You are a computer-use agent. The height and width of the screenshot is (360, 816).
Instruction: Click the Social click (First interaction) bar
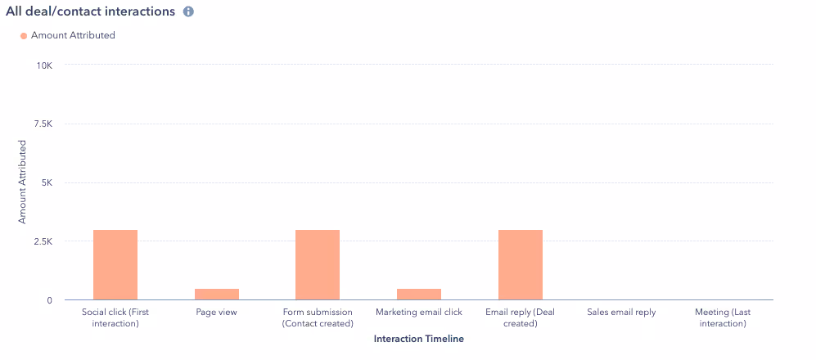click(x=115, y=265)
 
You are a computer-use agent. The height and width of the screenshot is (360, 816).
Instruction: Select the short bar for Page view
click(x=217, y=295)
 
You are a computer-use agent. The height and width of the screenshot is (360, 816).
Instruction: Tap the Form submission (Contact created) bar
click(x=318, y=265)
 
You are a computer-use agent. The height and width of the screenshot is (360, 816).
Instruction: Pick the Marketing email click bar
click(x=419, y=295)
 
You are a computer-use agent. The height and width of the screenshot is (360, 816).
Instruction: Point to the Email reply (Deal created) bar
click(x=521, y=265)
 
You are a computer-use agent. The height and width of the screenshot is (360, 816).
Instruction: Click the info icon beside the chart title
click(x=188, y=12)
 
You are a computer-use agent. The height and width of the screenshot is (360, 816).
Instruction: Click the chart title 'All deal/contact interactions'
click(x=90, y=12)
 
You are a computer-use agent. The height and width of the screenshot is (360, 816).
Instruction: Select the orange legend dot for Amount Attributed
click(x=24, y=36)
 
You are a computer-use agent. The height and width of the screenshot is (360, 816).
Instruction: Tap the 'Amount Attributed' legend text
click(x=73, y=36)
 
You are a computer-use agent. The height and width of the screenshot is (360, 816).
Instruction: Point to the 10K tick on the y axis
click(x=43, y=65)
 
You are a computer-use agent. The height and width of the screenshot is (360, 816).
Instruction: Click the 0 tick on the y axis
click(x=49, y=300)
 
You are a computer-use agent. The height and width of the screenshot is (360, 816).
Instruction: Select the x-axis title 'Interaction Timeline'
click(x=418, y=338)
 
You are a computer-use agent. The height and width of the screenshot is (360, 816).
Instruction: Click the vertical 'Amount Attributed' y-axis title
click(x=23, y=182)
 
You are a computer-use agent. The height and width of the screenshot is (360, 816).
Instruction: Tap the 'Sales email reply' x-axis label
click(x=622, y=313)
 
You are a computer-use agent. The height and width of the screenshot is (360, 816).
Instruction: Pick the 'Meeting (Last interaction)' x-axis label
click(x=723, y=317)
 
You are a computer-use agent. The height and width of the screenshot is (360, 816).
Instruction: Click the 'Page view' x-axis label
click(x=217, y=313)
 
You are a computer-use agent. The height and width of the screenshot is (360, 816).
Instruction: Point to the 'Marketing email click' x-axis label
click(x=419, y=313)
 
